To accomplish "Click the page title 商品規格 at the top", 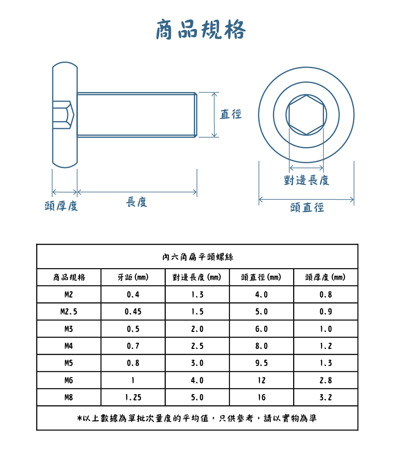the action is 201,29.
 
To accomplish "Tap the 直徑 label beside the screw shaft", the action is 231,114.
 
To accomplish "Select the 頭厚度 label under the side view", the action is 61,206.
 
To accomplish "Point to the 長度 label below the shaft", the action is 136,202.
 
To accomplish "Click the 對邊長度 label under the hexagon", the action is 306,180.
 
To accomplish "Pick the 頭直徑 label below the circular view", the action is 307,208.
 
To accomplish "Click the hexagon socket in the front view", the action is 306,115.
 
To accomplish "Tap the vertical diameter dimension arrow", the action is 214,115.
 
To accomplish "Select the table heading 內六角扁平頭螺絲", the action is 197,257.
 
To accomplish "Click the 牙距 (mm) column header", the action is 133,277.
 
